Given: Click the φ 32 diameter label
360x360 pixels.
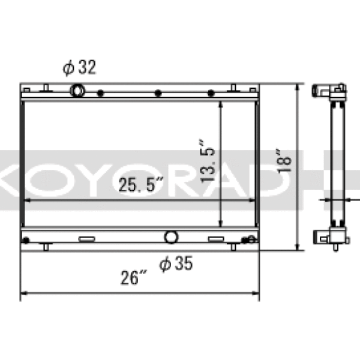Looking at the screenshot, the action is click(79, 67).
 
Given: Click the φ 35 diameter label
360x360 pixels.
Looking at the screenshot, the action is click(176, 263).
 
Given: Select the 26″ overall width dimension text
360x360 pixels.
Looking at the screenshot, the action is click(133, 278).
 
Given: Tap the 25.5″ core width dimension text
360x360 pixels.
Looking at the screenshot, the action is click(141, 184).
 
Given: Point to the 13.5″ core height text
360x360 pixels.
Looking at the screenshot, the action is click(207, 161).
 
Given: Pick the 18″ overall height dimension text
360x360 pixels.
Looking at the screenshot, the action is click(284, 161).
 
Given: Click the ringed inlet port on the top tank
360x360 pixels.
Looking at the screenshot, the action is click(77, 91).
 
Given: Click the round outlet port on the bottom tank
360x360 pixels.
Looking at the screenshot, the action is click(171, 237).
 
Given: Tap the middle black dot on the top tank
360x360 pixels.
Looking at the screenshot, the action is click(158, 93).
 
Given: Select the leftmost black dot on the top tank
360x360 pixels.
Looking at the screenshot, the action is click(100, 93).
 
